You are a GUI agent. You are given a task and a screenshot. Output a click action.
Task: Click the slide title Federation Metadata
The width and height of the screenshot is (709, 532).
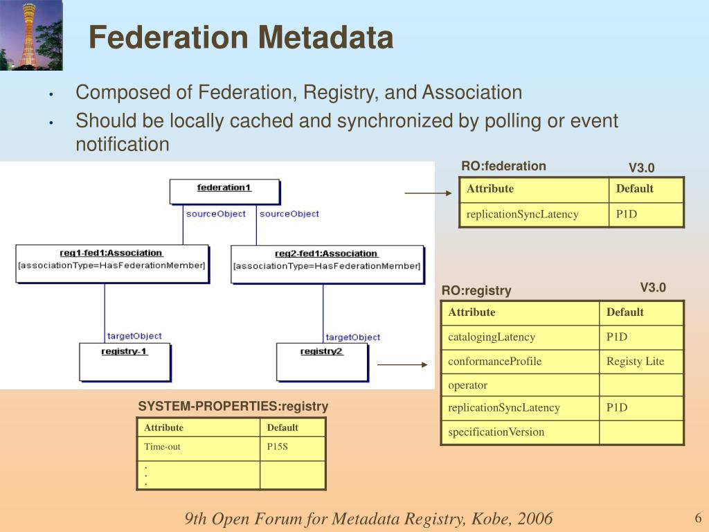pos(241,37)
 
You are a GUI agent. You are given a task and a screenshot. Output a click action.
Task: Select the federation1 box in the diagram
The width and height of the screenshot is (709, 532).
pos(224,191)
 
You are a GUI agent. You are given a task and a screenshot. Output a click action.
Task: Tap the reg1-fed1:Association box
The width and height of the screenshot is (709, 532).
pos(111,263)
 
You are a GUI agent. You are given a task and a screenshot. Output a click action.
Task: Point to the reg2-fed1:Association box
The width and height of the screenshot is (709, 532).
pos(327,264)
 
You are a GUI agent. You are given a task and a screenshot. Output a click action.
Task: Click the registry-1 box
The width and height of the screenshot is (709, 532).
pos(125,361)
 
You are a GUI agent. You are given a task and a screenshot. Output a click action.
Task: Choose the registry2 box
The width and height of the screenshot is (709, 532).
pos(322,361)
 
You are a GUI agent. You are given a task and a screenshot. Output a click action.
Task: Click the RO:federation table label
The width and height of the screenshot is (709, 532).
pos(503,166)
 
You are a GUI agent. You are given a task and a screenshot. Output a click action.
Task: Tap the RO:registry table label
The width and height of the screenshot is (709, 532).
pos(476,291)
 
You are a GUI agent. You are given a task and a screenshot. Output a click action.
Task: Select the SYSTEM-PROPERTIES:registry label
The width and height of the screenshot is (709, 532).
pos(233,407)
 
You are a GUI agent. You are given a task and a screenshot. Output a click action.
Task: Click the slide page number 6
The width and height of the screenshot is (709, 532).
pos(698,518)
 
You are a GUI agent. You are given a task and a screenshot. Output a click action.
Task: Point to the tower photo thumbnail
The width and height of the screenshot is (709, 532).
pos(31,35)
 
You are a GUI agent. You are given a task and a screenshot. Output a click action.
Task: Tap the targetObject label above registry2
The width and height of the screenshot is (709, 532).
pos(353,337)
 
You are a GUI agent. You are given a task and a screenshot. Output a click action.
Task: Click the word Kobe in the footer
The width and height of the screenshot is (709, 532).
pos(490,519)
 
